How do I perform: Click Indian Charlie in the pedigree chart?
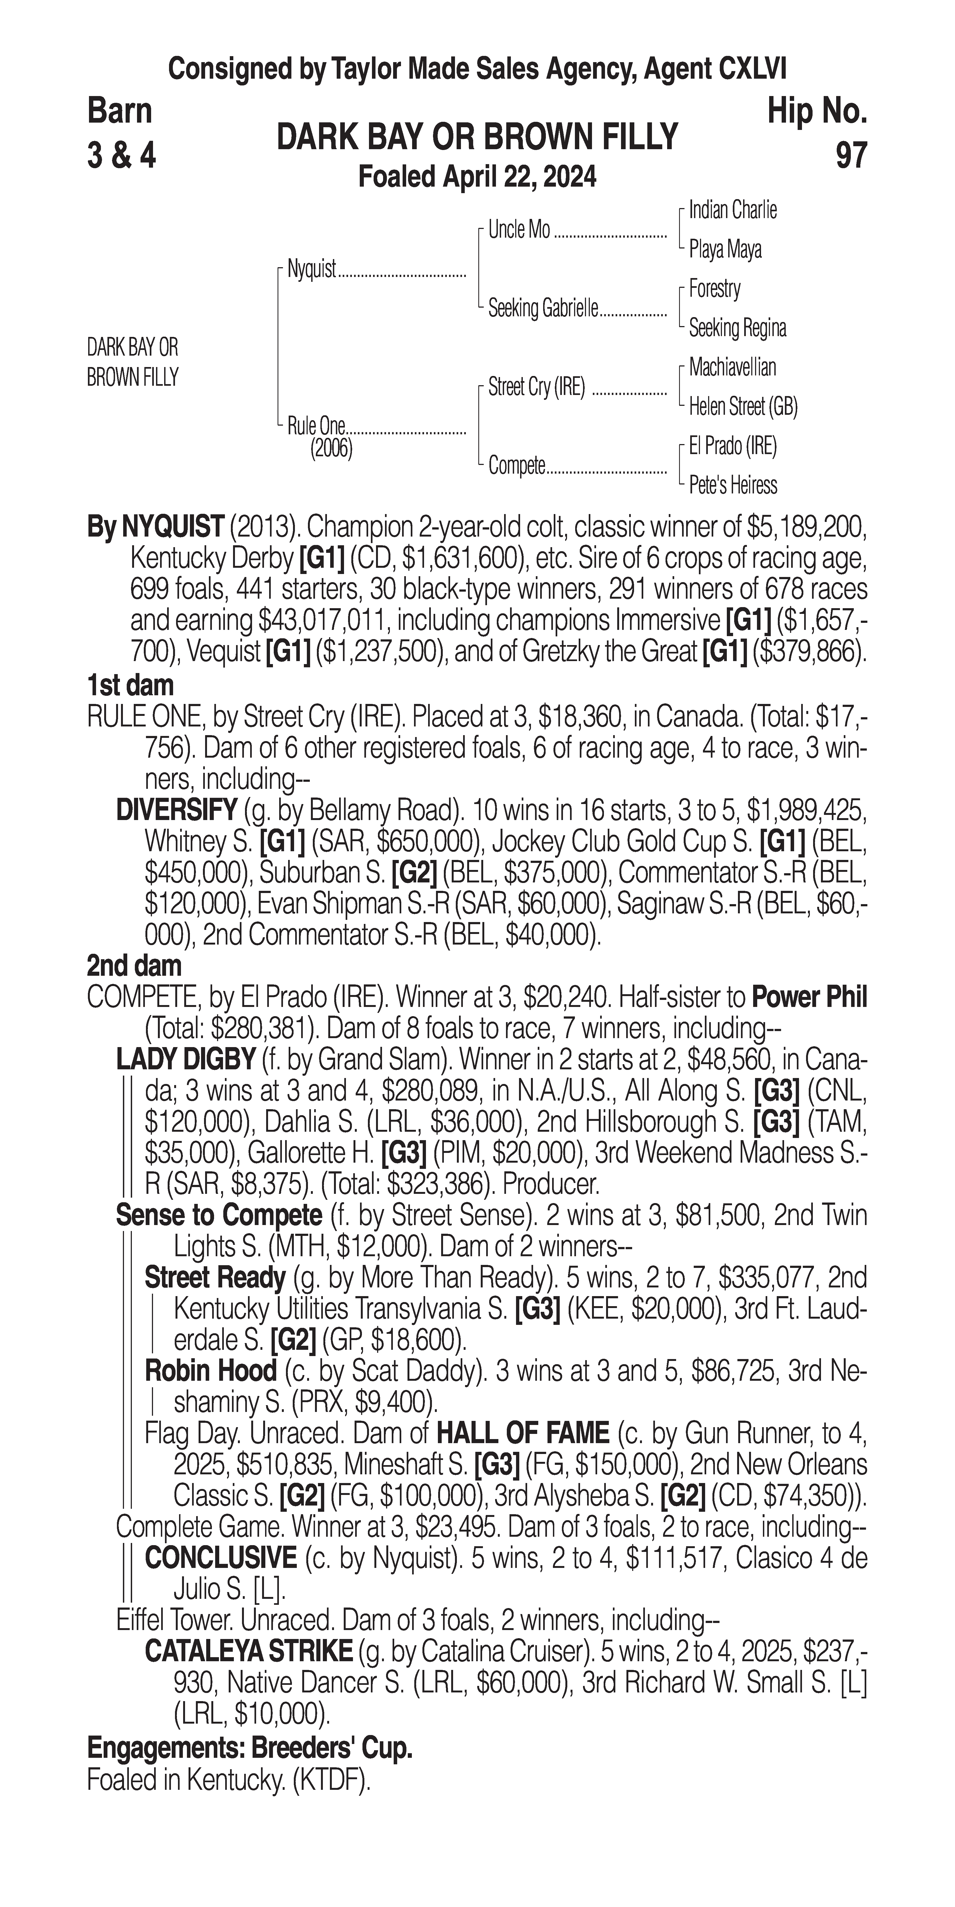click(732, 210)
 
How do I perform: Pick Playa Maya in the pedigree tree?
click(725, 250)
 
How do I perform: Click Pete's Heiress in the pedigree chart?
click(732, 486)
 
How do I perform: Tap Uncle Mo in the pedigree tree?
click(519, 230)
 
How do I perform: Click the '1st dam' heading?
click(130, 685)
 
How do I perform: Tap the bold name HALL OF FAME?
click(523, 1434)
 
